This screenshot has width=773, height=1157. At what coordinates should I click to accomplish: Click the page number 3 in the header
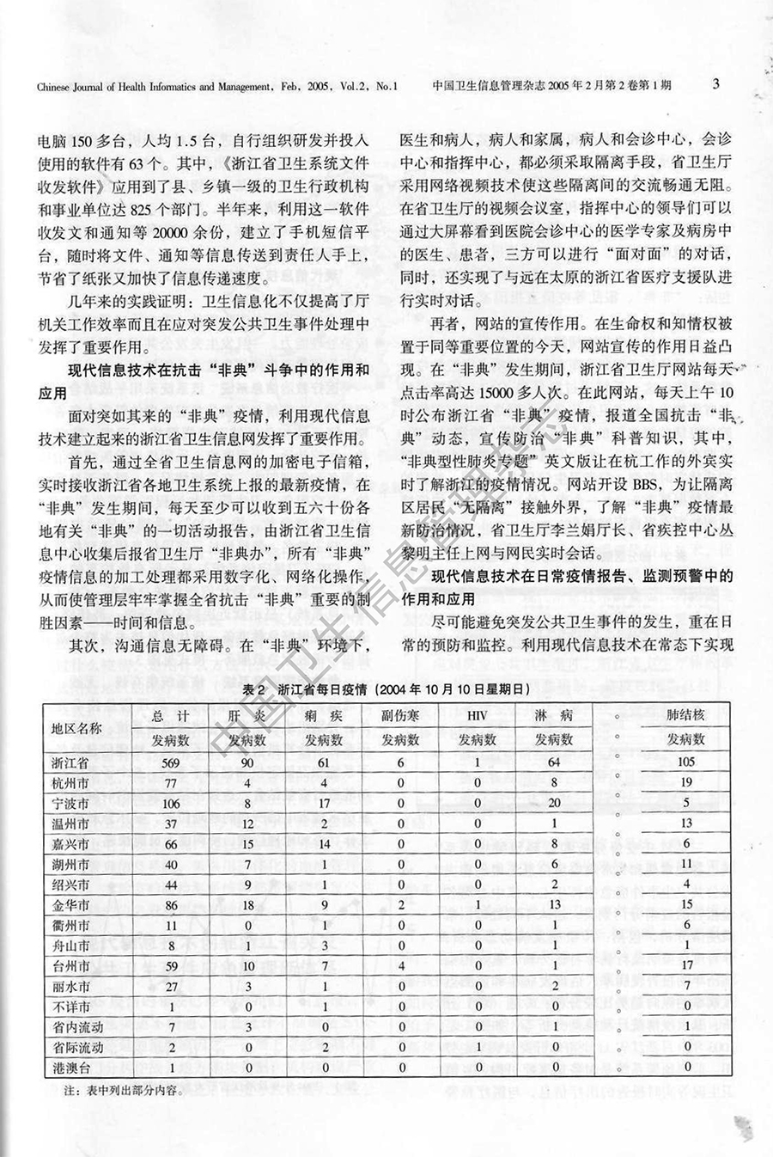point(715,84)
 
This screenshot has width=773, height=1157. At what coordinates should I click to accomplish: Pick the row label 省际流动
point(77,1048)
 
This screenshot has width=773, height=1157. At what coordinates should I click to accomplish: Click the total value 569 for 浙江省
point(170,762)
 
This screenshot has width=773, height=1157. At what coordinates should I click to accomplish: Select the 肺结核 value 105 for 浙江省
point(685,762)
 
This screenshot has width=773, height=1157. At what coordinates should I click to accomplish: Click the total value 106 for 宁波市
point(170,804)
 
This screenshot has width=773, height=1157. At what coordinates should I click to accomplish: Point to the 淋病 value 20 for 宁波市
point(553,804)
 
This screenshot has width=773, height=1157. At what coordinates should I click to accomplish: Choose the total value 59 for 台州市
point(170,966)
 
